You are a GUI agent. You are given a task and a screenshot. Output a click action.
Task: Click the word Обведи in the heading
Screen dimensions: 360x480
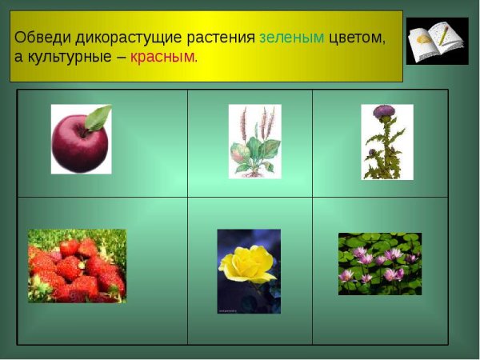(41, 38)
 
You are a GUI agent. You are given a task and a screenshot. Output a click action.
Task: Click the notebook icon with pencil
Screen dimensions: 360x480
(437, 41)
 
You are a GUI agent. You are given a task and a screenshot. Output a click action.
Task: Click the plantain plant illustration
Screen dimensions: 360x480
(254, 141)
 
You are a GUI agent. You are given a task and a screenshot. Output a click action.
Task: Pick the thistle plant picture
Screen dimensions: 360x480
(386, 142)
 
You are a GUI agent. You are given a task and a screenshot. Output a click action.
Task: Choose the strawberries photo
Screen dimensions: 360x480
(77, 266)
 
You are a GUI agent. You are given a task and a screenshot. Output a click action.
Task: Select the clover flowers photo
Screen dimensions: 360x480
(379, 264)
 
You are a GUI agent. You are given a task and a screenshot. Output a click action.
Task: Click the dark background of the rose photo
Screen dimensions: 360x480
(232, 300)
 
